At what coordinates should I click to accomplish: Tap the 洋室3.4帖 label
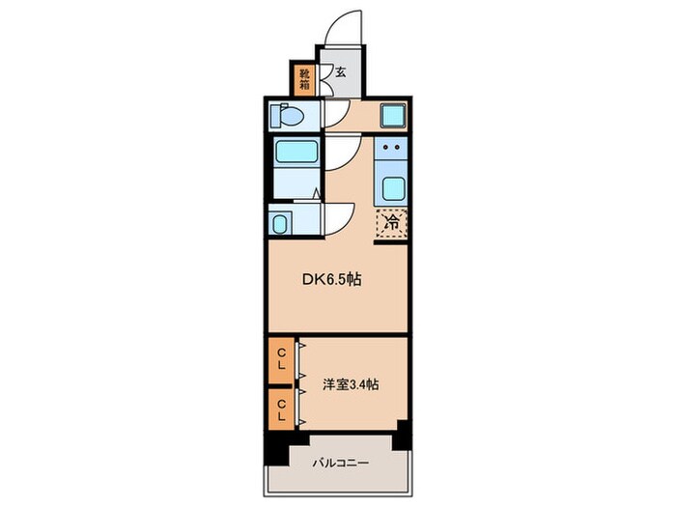351,383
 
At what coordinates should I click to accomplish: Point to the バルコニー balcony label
340,463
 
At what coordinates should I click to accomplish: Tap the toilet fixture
289,116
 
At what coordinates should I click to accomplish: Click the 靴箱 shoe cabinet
304,78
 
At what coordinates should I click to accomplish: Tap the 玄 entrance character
341,70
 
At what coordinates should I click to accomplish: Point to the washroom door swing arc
338,217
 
